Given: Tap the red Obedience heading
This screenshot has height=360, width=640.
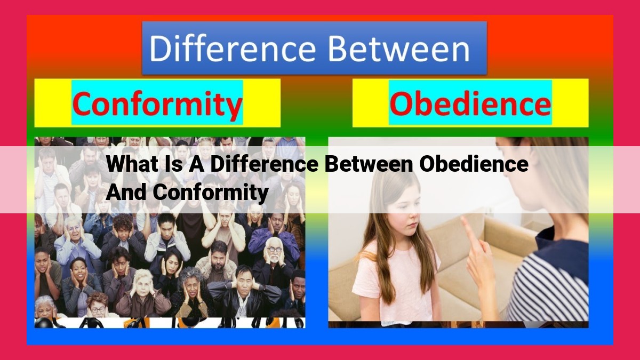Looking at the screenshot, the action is [x=470, y=103].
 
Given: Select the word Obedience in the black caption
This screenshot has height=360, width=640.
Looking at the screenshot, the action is [x=474, y=164].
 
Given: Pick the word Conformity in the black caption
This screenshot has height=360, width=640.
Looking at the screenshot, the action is [x=210, y=193].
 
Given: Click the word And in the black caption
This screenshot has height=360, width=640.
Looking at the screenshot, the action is [x=126, y=192].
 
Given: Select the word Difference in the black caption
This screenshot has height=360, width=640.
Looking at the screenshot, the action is [x=265, y=164].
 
